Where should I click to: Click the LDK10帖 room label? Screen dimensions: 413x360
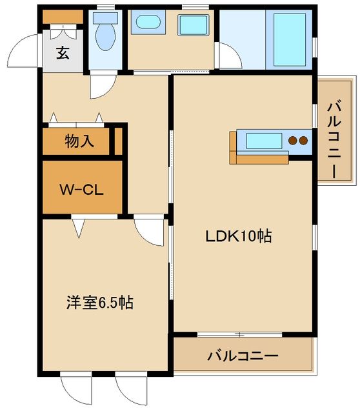[238, 236]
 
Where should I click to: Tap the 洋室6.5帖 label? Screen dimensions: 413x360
[100, 302]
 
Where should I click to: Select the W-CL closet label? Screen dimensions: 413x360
[81, 190]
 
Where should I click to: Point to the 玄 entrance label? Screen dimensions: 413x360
[62, 54]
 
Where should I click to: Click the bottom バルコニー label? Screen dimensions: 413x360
[243, 356]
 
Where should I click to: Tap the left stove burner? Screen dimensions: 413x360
[293, 141]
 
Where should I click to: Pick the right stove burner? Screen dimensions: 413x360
[302, 141]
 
